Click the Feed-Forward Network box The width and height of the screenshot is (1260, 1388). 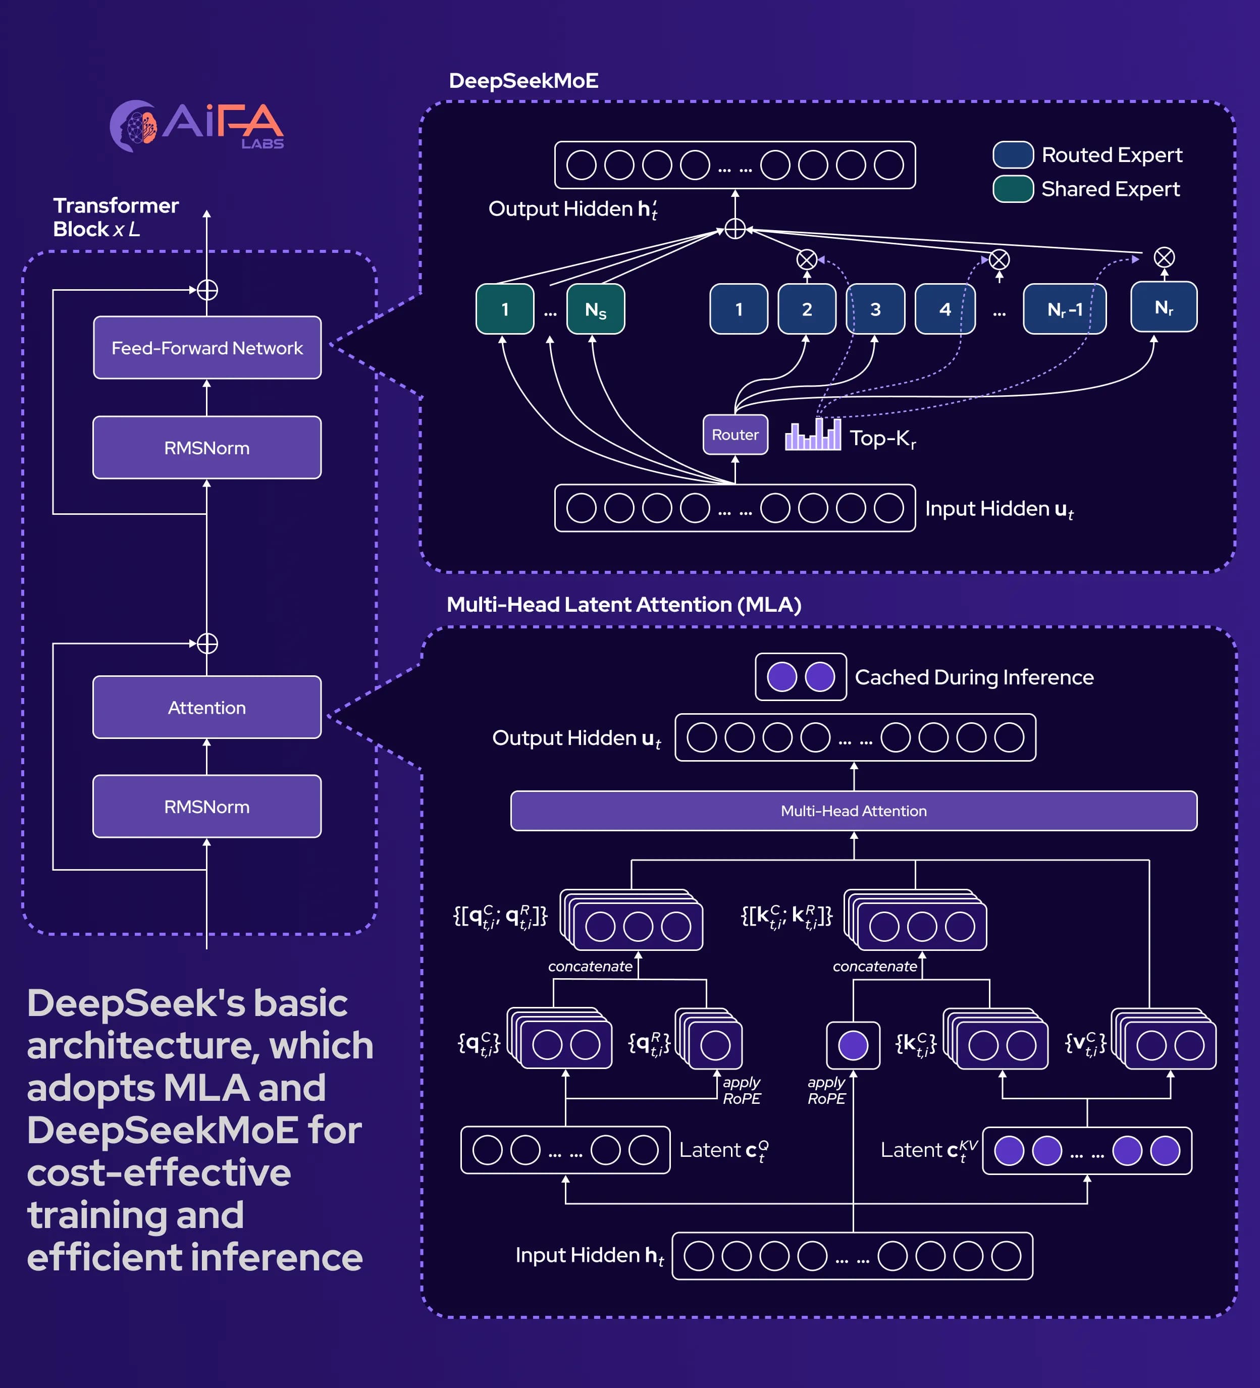[206, 348]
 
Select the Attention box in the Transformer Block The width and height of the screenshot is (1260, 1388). [206, 707]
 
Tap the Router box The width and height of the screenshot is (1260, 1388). [734, 435]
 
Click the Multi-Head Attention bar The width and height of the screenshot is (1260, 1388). [853, 811]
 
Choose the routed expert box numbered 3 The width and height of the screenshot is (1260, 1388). [874, 309]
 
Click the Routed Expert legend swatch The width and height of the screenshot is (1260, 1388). [1012, 155]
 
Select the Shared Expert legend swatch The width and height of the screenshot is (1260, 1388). [1012, 189]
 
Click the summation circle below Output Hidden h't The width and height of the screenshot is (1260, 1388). [734, 229]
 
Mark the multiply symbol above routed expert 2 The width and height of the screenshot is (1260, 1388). [806, 259]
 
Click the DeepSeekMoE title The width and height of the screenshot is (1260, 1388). [523, 81]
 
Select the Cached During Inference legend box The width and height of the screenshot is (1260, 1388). [800, 677]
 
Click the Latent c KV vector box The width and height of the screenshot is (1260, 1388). [1086, 1150]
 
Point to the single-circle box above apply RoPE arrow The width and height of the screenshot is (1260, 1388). [853, 1045]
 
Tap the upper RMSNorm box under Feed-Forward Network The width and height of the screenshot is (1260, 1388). [206, 448]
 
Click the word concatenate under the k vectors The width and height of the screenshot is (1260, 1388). [874, 966]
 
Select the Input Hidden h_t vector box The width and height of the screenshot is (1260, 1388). [852, 1256]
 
